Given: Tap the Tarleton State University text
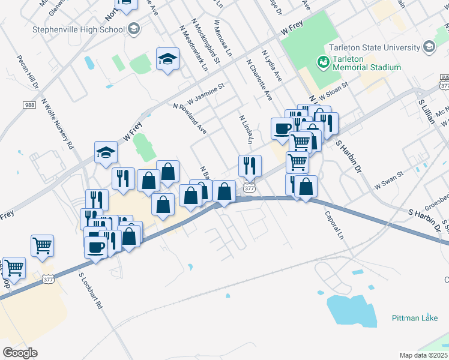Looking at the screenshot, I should [x=373, y=47].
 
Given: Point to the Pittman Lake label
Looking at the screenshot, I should [x=415, y=317].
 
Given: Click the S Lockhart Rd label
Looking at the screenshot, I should [x=91, y=290].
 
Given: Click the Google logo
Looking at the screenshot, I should [x=20, y=352].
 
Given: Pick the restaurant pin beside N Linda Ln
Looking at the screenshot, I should [x=250, y=165].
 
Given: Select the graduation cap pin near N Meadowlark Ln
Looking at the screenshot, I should [x=168, y=59].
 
